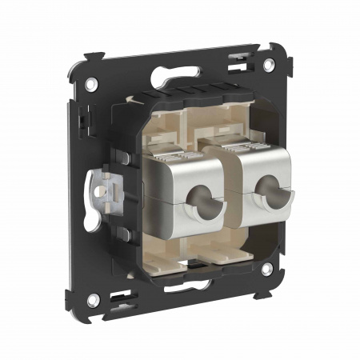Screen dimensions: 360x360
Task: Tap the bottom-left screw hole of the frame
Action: (94, 299)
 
